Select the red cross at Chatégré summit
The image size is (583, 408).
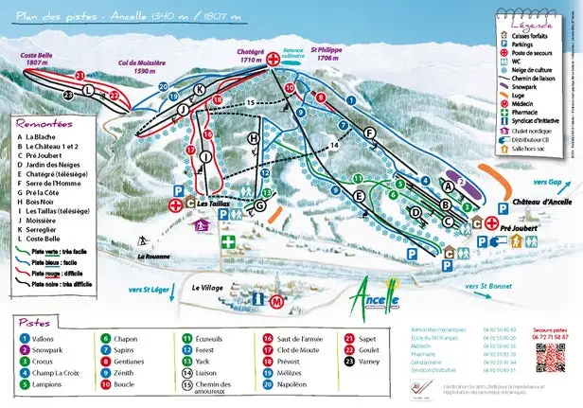pyautogui.click(x=274, y=60)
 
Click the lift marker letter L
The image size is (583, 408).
pyautogui.click(x=89, y=90)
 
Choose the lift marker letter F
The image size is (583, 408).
pyautogui.click(x=369, y=133)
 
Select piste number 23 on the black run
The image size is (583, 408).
pyautogui.click(x=67, y=95)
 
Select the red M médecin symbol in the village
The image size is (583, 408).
pyautogui.click(x=275, y=301)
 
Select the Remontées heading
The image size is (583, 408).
pyautogui.click(x=44, y=122)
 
